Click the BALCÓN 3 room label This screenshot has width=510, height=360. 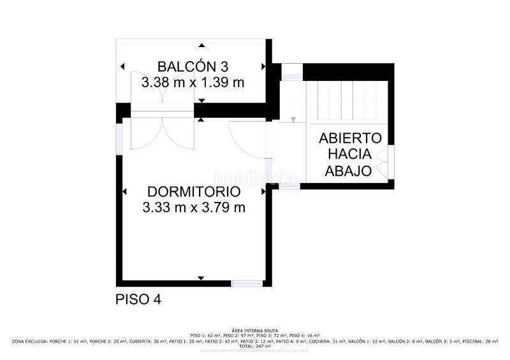point(193,66)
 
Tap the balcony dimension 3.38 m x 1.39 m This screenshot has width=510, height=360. point(193,82)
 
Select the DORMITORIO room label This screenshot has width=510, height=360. point(193,192)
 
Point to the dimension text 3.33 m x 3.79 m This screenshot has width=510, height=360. point(193,207)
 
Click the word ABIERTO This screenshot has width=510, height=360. point(350,138)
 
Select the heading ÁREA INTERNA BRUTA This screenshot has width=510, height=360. point(255,331)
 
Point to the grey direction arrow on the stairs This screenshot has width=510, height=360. point(293,119)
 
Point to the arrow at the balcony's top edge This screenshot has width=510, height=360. point(201,45)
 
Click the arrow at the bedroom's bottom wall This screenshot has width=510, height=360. point(201,278)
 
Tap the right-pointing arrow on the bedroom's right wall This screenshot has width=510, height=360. point(263,191)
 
